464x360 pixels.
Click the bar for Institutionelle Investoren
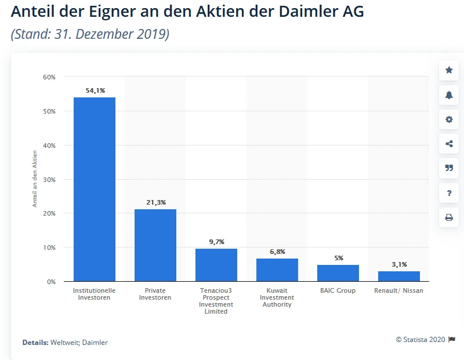click(x=95, y=189)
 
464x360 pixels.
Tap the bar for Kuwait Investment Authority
click(x=277, y=270)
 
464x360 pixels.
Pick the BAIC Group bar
click(x=338, y=273)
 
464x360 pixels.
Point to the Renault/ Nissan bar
click(x=399, y=276)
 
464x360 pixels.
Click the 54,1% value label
click(x=95, y=90)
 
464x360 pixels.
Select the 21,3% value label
click(x=155, y=202)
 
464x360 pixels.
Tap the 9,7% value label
click(x=216, y=242)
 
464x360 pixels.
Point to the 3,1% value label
click(x=399, y=264)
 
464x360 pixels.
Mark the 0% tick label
click(x=50, y=282)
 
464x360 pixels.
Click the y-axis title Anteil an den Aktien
click(x=35, y=179)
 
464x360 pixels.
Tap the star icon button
click(x=449, y=70)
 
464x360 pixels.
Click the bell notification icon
click(x=449, y=95)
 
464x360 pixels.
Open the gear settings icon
click(x=449, y=119)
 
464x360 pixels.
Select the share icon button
click(x=449, y=144)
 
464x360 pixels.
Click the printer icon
click(x=449, y=218)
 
